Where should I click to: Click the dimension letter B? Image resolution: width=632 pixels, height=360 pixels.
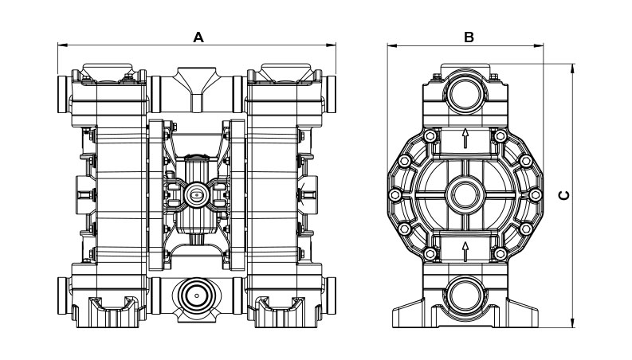(x=469, y=36)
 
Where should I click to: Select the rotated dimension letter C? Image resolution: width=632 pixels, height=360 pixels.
(x=564, y=194)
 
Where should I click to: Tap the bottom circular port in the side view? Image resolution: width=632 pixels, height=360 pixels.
(x=465, y=295)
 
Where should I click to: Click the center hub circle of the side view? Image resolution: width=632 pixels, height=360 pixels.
(x=465, y=194)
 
